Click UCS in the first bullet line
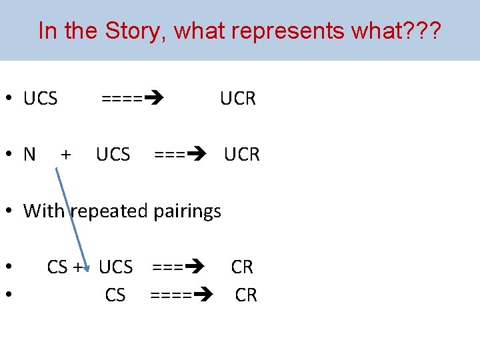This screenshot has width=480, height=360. [x=41, y=99]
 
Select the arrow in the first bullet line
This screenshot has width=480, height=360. [x=133, y=99]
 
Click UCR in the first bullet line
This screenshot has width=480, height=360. [x=238, y=99]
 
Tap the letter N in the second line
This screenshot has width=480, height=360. [x=29, y=155]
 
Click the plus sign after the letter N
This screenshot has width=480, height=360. [x=66, y=155]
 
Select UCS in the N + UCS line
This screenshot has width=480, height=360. [x=113, y=155]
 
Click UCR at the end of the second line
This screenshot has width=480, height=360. [x=242, y=155]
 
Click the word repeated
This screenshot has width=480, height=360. [x=110, y=211]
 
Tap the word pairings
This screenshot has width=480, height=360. [x=187, y=211]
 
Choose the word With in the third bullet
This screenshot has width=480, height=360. [x=44, y=211]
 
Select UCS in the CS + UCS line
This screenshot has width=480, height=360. [x=115, y=267]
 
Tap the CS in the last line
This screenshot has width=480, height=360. [x=115, y=295]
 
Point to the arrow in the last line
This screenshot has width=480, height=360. [x=181, y=295]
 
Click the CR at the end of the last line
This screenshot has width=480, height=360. [x=246, y=295]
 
